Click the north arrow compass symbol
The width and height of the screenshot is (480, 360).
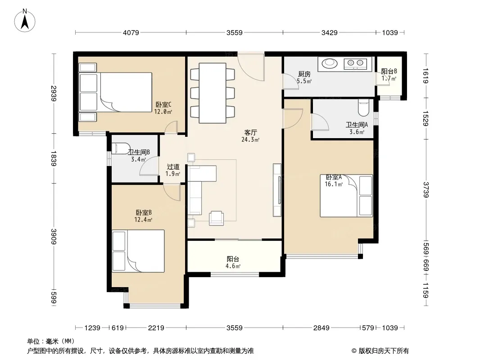(x=25, y=21)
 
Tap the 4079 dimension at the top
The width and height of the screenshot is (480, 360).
(x=131, y=32)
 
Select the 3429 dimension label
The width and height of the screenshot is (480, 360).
(x=330, y=32)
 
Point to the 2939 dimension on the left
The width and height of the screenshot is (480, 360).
(x=54, y=94)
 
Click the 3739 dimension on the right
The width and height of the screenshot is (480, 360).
(x=426, y=189)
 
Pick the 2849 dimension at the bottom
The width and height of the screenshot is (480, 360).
(x=321, y=328)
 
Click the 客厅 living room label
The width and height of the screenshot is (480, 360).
(x=250, y=132)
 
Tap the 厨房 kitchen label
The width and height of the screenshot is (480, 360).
(x=304, y=74)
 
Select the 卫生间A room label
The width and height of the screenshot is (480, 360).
(x=357, y=125)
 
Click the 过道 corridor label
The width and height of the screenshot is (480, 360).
(x=173, y=166)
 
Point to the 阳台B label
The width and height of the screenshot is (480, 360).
(x=389, y=71)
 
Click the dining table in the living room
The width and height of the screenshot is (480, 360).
(x=213, y=93)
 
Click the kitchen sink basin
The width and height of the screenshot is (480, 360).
(x=330, y=63)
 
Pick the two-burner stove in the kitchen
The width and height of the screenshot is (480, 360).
(x=355, y=63)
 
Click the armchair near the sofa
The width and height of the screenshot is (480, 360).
(x=217, y=218)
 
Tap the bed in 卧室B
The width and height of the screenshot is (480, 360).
(x=138, y=251)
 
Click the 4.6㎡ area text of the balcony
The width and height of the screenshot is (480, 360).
(x=233, y=266)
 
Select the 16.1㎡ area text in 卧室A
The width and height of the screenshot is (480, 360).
(x=334, y=184)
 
